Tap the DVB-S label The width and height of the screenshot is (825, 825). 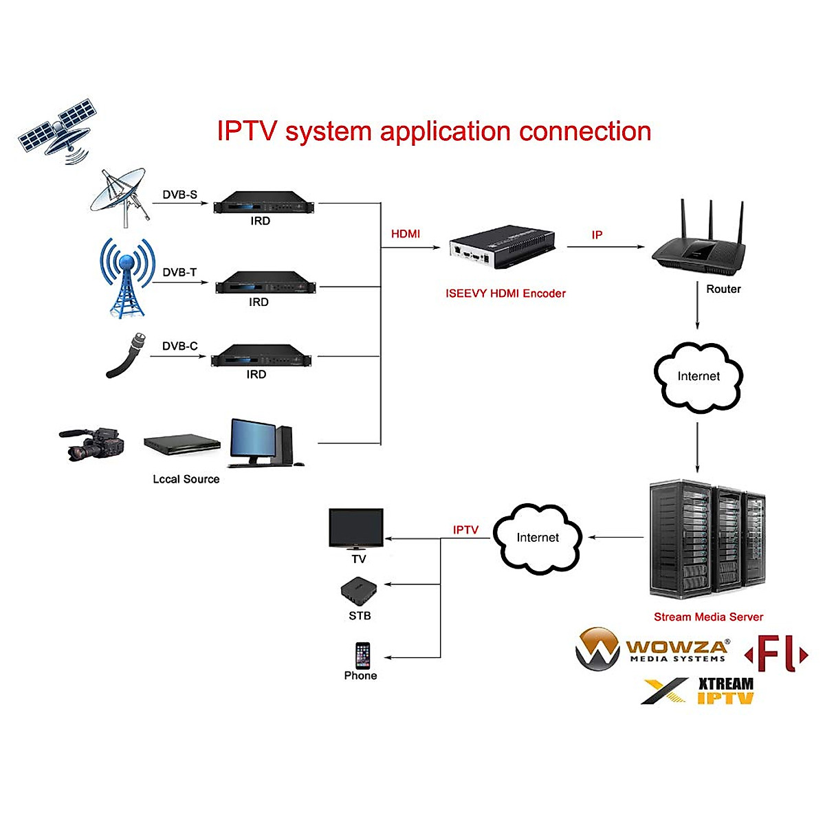[179, 195]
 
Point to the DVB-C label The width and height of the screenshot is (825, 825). [179, 346]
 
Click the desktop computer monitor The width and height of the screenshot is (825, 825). [253, 440]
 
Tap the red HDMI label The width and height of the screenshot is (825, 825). [406, 234]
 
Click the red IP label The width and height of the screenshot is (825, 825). [597, 235]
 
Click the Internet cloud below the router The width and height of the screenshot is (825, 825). [698, 376]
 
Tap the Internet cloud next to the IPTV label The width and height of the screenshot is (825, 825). [538, 538]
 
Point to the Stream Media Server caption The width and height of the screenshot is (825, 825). [708, 617]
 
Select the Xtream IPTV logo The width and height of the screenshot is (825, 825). [698, 691]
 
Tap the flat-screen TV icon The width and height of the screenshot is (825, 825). [356, 528]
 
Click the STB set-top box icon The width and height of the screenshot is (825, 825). [359, 590]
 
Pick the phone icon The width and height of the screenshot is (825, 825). [362, 655]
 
